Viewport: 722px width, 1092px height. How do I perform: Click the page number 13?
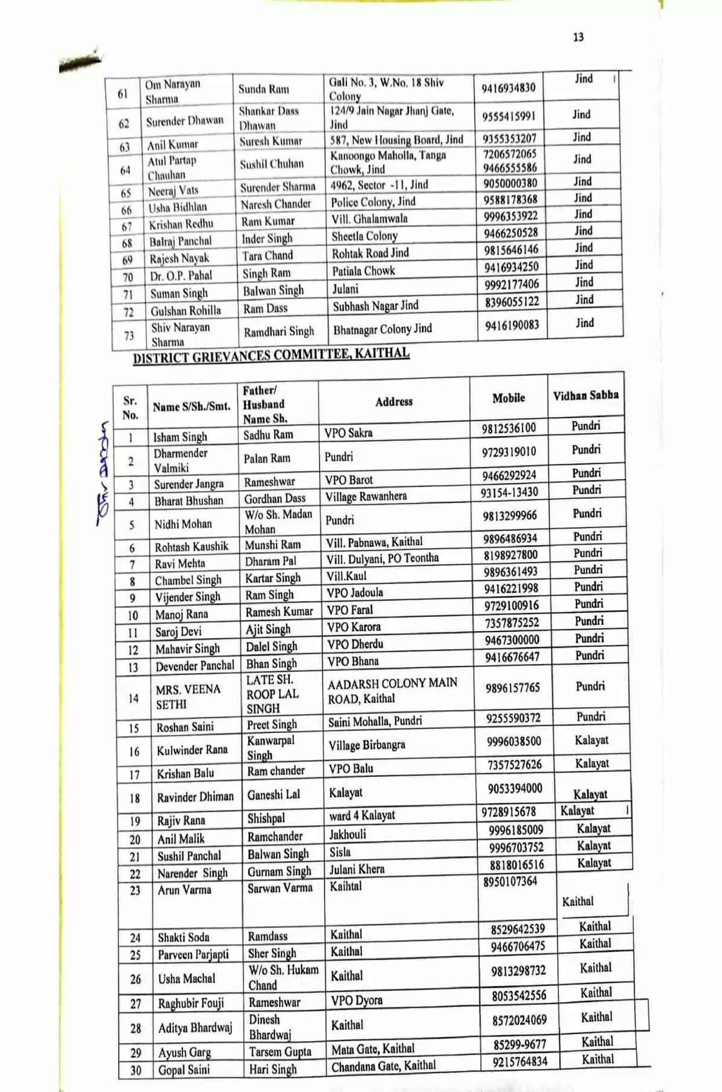pos(578,37)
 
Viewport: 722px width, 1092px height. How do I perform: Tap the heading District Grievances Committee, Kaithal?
pos(271,355)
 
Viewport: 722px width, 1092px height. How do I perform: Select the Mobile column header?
pos(509,398)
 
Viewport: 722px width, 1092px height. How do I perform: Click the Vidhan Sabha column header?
pos(585,396)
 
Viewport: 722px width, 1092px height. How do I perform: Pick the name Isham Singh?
pos(180,437)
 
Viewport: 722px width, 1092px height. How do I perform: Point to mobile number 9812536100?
pos(509,429)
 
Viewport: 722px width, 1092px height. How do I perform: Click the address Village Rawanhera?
pos(365,496)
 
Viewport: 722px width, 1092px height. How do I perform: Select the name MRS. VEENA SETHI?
pos(188,696)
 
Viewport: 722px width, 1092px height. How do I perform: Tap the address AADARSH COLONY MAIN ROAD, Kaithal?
pos(392,691)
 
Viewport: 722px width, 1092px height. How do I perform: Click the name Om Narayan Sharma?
pos(173,92)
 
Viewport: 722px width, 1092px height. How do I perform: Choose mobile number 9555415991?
pos(509,116)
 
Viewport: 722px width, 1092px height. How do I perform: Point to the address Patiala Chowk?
pos(363,271)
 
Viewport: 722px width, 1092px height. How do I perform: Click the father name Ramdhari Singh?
pos(278,332)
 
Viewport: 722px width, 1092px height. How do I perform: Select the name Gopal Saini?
pos(184,1070)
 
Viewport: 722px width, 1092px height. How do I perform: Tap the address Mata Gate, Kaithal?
pos(373,1049)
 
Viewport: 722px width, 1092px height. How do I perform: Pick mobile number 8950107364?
pos(510,881)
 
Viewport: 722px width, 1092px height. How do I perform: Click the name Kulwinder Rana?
pos(192,750)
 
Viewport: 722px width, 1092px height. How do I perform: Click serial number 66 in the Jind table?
pos(126,210)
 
